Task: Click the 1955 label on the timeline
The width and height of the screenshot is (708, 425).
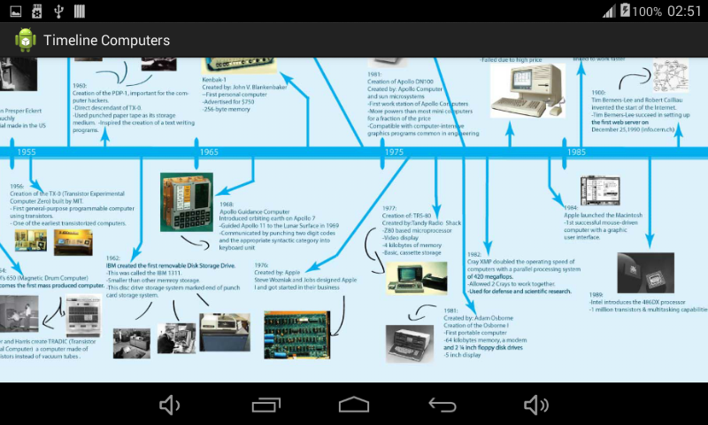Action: [27, 152]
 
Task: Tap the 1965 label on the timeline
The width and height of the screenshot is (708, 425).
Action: [209, 152]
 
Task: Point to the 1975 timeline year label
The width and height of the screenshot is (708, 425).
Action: [395, 152]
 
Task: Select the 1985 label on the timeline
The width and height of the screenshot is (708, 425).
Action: [577, 152]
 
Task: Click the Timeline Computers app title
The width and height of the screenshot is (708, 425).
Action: [106, 41]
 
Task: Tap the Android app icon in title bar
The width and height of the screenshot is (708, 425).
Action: [25, 41]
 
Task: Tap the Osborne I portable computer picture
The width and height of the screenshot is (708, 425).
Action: [409, 344]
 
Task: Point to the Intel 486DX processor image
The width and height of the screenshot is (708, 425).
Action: [645, 273]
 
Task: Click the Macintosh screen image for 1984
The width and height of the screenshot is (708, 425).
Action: [599, 190]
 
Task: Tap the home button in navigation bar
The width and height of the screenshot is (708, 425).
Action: [354, 405]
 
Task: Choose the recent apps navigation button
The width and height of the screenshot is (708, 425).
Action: [266, 405]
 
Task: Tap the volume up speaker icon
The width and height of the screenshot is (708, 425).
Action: [536, 405]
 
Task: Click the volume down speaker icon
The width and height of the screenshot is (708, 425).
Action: [169, 405]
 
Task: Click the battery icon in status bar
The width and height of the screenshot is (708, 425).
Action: [626, 11]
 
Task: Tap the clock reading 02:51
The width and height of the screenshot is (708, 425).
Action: [683, 12]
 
